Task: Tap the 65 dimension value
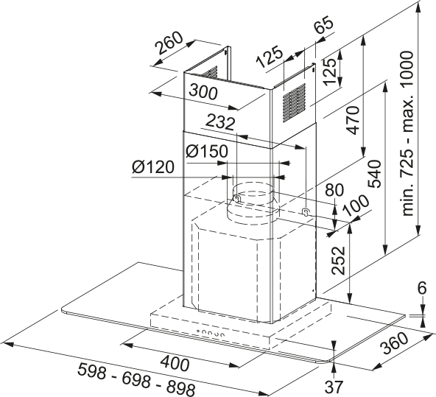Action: pyautogui.click(x=324, y=24)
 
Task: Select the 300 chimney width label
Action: pyautogui.click(x=203, y=92)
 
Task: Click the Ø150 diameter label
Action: pyautogui.click(x=207, y=152)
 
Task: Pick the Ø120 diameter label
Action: pyautogui.click(x=153, y=167)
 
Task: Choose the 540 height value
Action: pyautogui.click(x=374, y=174)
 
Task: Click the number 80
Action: pyautogui.click(x=335, y=190)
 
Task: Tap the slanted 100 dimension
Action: pyautogui.click(x=356, y=206)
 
